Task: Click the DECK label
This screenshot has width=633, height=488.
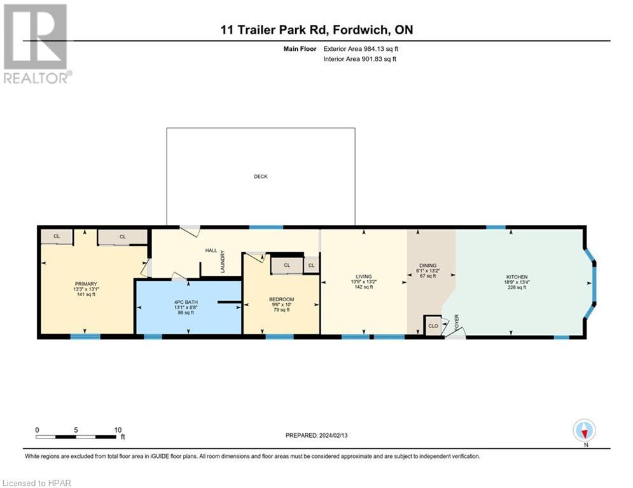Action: click(260, 176)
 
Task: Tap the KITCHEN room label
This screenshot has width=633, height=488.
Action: click(517, 277)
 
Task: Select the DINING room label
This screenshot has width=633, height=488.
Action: click(428, 266)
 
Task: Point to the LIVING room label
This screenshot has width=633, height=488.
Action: click(364, 276)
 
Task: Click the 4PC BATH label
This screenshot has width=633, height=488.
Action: click(186, 302)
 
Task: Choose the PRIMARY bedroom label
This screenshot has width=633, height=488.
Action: click(86, 284)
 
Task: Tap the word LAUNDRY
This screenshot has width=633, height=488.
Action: click(223, 261)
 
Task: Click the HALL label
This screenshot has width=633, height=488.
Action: click(211, 250)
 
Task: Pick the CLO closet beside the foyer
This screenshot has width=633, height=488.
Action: click(433, 325)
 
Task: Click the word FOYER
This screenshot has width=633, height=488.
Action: click(457, 323)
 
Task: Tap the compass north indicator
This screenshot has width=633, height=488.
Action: click(585, 431)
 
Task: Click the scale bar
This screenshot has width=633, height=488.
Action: click(76, 437)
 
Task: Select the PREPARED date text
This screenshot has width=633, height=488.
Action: click(317, 435)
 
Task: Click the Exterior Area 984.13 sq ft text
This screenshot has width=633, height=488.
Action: click(361, 49)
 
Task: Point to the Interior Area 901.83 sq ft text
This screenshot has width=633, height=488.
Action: click(359, 59)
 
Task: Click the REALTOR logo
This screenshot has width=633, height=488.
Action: click(36, 44)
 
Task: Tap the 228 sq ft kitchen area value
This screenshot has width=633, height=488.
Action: click(517, 288)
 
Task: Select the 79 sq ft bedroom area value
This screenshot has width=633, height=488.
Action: click(281, 309)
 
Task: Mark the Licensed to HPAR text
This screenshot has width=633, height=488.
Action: click(37, 483)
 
